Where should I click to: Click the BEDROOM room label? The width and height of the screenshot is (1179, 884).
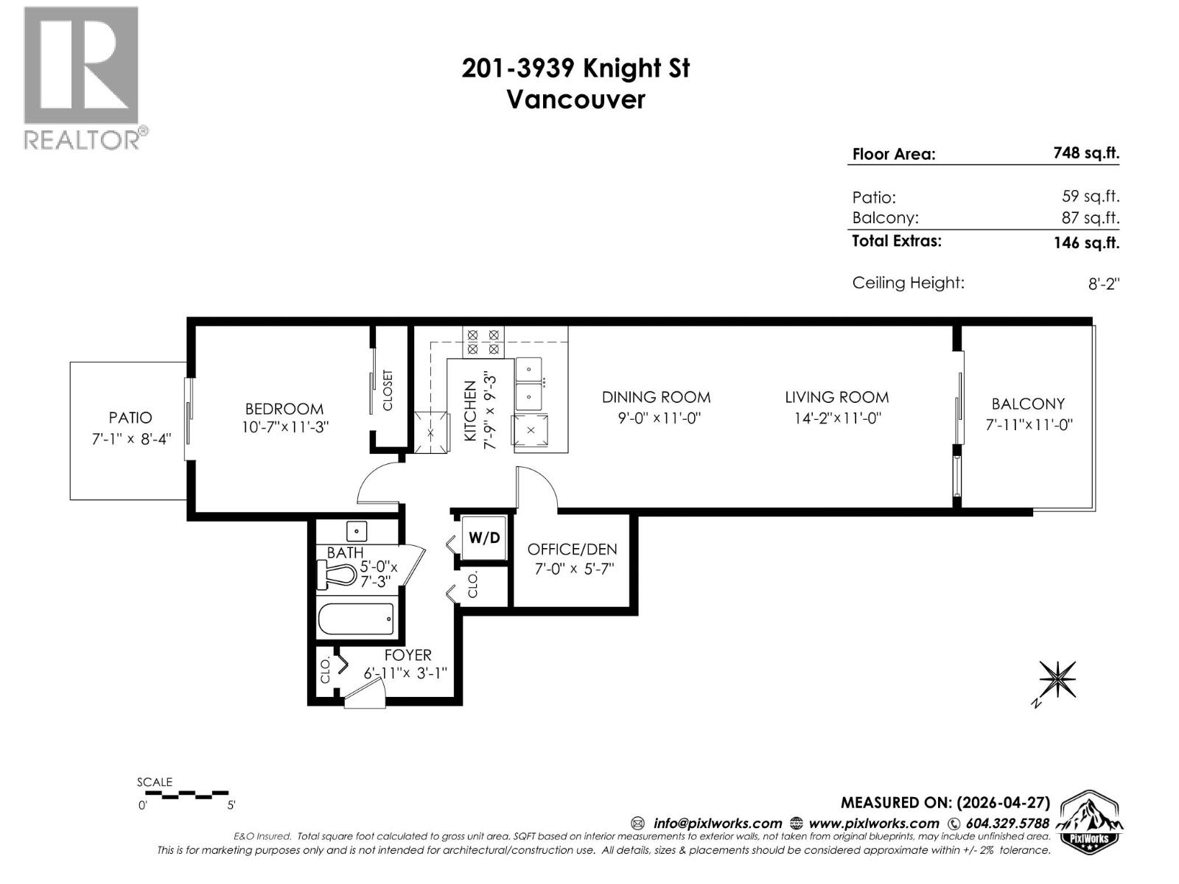284,409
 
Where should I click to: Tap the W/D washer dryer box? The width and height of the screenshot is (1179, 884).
484,538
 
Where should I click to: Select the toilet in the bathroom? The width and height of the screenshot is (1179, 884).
339,575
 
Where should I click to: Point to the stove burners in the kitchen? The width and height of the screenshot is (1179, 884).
483,341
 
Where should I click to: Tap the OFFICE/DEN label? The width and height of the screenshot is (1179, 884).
572,550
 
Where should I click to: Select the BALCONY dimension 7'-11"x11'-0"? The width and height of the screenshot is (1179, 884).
1028,425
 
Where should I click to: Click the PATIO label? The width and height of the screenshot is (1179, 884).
130,418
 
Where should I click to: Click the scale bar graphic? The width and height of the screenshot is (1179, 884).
187,795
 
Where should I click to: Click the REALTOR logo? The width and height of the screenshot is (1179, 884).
82,77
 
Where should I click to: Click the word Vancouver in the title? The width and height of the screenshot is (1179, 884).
575,99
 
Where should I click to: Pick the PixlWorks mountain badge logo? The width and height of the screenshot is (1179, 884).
1090,823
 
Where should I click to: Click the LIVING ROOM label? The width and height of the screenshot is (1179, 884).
836,397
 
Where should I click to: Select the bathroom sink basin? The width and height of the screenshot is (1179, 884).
357,530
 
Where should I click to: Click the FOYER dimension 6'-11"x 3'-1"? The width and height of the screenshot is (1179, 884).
405,673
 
